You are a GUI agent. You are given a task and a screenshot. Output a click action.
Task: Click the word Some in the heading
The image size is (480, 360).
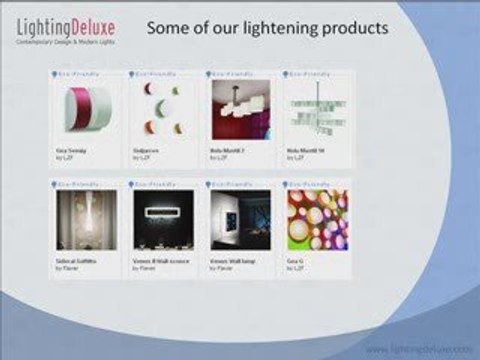[168, 27]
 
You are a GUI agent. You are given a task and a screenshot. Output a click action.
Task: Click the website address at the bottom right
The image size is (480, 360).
[417, 349]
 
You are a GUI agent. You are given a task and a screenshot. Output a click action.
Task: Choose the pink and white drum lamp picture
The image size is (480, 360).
[84, 108]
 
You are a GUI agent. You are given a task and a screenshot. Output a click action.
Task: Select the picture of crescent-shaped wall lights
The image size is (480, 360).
[162, 108]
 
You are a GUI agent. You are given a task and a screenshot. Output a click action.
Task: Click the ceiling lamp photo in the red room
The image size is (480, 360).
[239, 108]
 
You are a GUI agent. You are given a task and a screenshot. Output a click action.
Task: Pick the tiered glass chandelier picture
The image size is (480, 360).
[316, 108]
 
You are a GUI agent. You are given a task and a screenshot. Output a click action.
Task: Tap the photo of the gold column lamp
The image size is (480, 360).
[84, 218]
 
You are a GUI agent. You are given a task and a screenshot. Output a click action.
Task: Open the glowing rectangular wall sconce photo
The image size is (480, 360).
[162, 218]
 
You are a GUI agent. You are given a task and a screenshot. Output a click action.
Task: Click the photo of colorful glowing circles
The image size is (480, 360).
[316, 218]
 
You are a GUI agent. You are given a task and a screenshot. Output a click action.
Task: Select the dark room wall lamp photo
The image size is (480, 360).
[239, 218]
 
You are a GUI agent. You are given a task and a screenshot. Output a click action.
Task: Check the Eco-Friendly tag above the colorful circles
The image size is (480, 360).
[304, 184]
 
